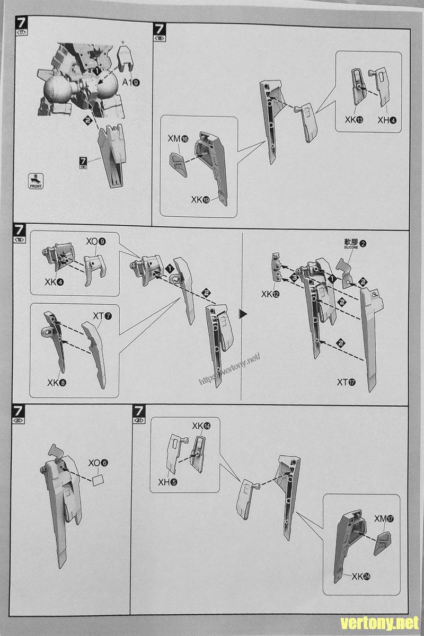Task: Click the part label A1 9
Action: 131,82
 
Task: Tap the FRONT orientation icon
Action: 36,181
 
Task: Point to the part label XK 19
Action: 202,200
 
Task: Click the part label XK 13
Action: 354,120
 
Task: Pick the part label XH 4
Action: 386,120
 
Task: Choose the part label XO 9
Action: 95,242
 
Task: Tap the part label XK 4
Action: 55,281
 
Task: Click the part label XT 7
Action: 102,316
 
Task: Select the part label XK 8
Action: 56,382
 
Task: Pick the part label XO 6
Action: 98,463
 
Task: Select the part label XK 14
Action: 201,426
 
